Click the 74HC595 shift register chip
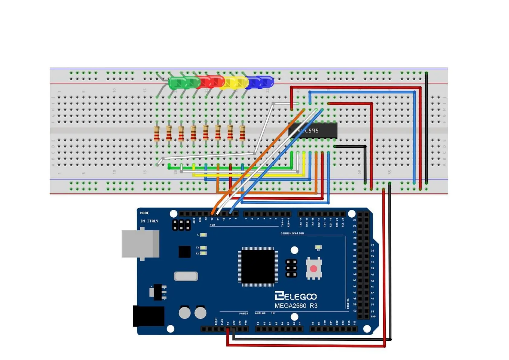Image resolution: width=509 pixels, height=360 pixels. pyautogui.click(x=313, y=131)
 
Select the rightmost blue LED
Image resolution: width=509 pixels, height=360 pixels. pyautogui.click(x=266, y=82)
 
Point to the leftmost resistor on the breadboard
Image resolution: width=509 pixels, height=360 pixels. pyautogui.click(x=157, y=133)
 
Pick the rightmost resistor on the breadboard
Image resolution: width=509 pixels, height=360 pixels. pyautogui.click(x=242, y=133)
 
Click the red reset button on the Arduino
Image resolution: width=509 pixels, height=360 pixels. pyautogui.click(x=313, y=268)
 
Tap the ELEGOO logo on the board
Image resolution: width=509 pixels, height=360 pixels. pyautogui.click(x=296, y=296)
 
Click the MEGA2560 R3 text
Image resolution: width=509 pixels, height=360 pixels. pyautogui.click(x=296, y=306)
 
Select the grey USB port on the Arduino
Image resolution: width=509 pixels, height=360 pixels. pyautogui.click(x=140, y=244)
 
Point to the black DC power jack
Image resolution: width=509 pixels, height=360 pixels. pyautogui.click(x=148, y=316)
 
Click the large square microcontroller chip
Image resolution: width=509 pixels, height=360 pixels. pyautogui.click(x=258, y=267)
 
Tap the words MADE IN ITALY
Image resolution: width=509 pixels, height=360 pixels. pyautogui.click(x=149, y=217)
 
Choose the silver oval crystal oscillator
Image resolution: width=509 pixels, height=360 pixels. pyautogui.click(x=186, y=276)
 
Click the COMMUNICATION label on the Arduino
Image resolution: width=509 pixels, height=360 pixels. pyautogui.click(x=292, y=233)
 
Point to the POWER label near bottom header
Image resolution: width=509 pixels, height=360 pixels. pyautogui.click(x=243, y=313)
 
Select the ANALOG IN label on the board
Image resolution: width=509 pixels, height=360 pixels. pyautogui.click(x=265, y=313)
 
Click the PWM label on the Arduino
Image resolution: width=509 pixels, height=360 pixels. pyautogui.click(x=212, y=225)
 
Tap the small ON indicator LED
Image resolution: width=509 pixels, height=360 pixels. pyautogui.click(x=318, y=247)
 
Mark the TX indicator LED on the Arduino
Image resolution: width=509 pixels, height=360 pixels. pyautogui.click(x=203, y=248)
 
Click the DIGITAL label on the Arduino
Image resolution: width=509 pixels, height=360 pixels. pyautogui.click(x=348, y=303)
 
